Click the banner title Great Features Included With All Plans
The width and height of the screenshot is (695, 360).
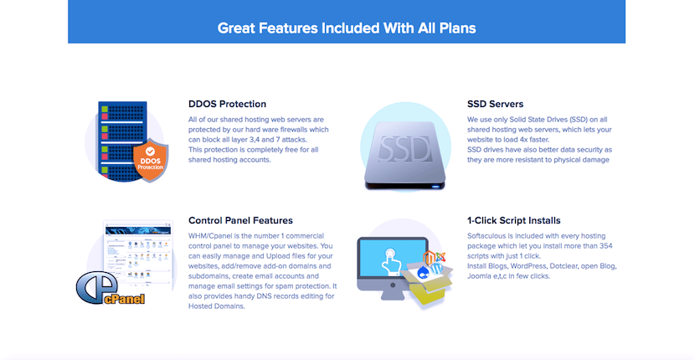pyautogui.click(x=347, y=28)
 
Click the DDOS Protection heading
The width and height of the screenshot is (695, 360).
pyautogui.click(x=228, y=104)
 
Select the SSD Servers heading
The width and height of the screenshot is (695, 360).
pyautogui.click(x=495, y=104)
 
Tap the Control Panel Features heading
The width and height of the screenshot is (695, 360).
pyautogui.click(x=240, y=221)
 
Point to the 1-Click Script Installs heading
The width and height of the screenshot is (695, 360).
pyautogui.click(x=514, y=221)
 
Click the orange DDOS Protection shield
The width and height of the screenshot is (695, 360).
pyautogui.click(x=151, y=161)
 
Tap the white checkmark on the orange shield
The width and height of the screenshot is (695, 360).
pyautogui.click(x=150, y=152)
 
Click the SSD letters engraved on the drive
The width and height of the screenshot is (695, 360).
pyautogui.click(x=405, y=149)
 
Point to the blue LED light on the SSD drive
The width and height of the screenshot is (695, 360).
pyautogui.click(x=435, y=187)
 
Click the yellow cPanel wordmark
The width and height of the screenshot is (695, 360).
pyautogui.click(x=125, y=299)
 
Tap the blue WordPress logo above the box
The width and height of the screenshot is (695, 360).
pyautogui.click(x=436, y=268)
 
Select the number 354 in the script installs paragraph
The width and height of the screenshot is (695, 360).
pyautogui.click(x=606, y=246)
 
